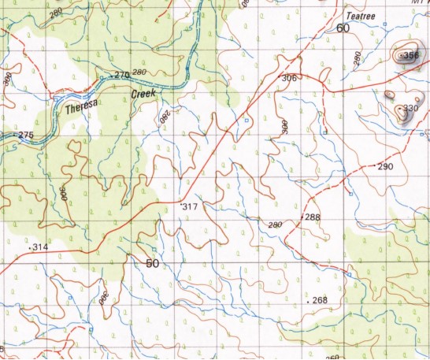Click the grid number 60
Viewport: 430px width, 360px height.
point(342,28)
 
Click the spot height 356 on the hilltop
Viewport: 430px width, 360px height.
point(408,56)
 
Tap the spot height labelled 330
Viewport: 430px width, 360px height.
point(410,108)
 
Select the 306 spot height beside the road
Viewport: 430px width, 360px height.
point(289,78)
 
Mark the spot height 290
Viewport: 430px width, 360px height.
point(384,167)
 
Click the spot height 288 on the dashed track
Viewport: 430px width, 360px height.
point(312,217)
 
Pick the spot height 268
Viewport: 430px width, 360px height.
point(319,301)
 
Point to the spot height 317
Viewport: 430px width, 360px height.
point(188,206)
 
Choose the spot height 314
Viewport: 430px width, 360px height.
point(40,247)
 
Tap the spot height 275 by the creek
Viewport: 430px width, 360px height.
point(25,135)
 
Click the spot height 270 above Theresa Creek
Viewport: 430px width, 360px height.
point(121,75)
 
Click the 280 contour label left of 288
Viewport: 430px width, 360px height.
point(275,225)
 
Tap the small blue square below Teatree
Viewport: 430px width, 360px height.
point(384,25)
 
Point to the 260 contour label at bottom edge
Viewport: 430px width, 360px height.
point(332,356)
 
